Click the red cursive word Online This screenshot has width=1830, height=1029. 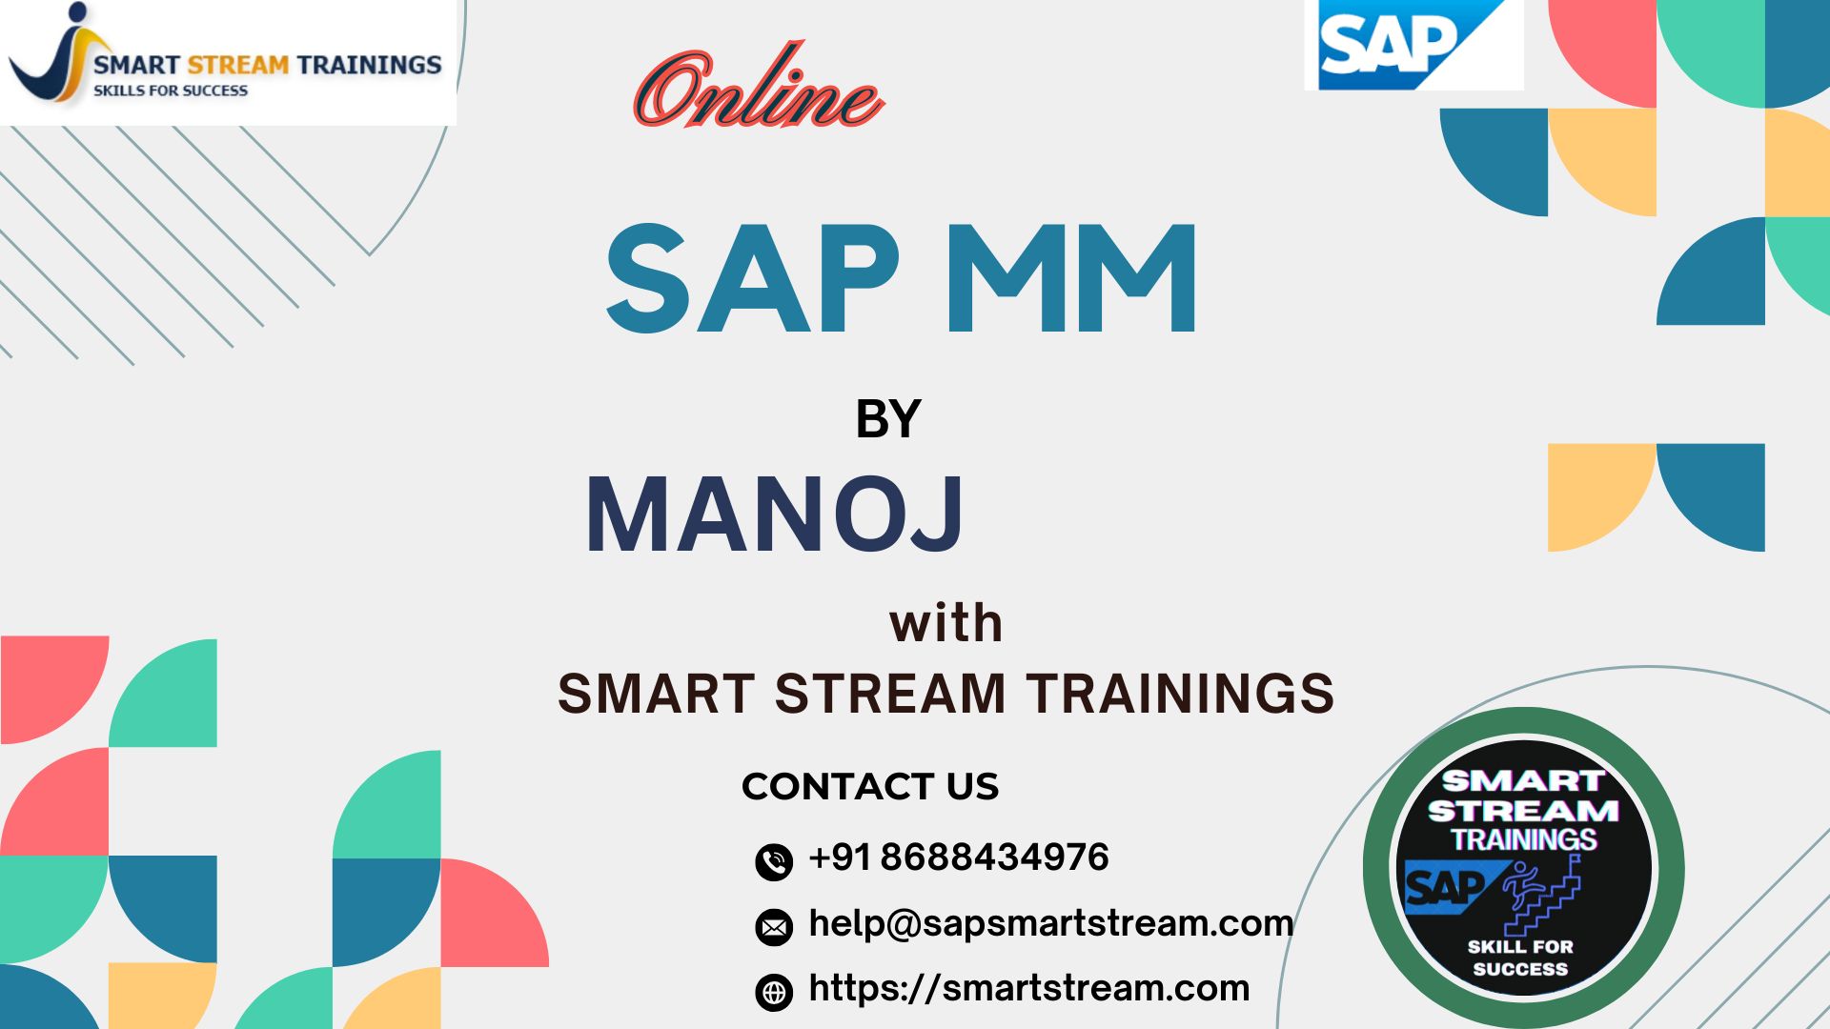(760, 88)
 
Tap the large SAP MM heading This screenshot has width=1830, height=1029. (902, 279)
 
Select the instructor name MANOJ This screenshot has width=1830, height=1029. (774, 514)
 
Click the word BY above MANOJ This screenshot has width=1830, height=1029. (888, 419)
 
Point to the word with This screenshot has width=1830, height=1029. (945, 623)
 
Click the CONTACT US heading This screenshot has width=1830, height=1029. (870, 786)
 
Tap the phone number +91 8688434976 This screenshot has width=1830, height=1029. (959, 857)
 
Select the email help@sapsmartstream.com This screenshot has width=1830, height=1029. (1051, 923)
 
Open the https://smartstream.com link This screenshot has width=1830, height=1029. (1029, 988)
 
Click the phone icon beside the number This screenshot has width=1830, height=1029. (774, 861)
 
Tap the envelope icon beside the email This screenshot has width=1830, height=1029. (774, 926)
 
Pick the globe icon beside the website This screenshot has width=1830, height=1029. (774, 992)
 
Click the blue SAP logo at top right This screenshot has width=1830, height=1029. (1413, 45)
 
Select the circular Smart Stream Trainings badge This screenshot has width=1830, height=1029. (1523, 868)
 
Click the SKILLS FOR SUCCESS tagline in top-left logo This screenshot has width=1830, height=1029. (171, 91)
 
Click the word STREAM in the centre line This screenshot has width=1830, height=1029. (891, 694)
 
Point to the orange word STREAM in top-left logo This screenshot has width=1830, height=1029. (238, 65)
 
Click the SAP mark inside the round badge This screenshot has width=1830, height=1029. (1447, 887)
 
